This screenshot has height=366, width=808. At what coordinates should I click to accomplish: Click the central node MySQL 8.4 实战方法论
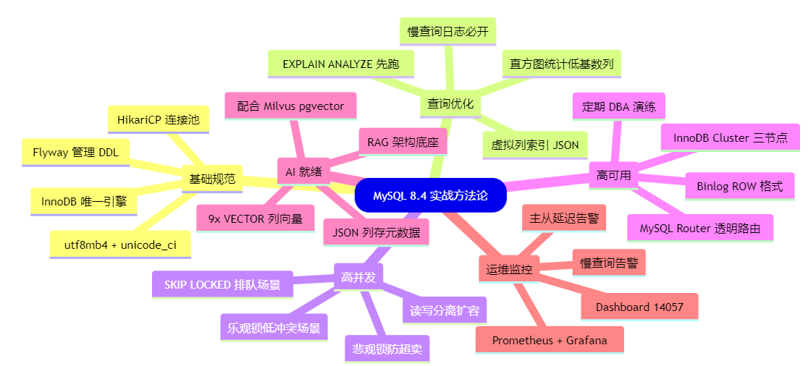point(431,195)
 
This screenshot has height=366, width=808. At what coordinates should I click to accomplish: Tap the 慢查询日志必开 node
point(447,31)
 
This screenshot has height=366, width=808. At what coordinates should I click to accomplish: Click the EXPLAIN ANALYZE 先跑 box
point(341,64)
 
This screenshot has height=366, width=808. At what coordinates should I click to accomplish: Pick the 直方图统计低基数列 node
point(561,64)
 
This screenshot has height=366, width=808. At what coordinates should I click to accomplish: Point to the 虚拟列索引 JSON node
point(535,145)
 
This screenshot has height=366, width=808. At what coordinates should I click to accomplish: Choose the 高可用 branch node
point(613,175)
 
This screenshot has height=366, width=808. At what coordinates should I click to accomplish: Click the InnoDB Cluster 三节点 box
point(731,137)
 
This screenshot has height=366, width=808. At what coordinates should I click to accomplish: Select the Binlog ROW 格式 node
point(739,186)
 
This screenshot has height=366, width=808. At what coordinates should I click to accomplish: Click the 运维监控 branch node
point(509,270)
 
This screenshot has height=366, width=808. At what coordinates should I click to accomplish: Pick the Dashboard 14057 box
point(639,307)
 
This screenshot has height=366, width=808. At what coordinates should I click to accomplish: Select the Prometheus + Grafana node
point(550,340)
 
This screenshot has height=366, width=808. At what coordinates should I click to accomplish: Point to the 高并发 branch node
point(357,276)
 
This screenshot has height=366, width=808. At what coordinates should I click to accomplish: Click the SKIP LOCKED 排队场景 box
point(222,284)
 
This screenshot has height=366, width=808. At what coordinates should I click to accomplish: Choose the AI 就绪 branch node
point(304,171)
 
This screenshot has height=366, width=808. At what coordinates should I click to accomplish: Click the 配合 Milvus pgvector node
point(290,106)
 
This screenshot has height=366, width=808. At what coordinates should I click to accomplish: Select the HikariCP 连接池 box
point(159,120)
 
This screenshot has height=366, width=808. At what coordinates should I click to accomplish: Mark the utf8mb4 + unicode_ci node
point(120,244)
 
